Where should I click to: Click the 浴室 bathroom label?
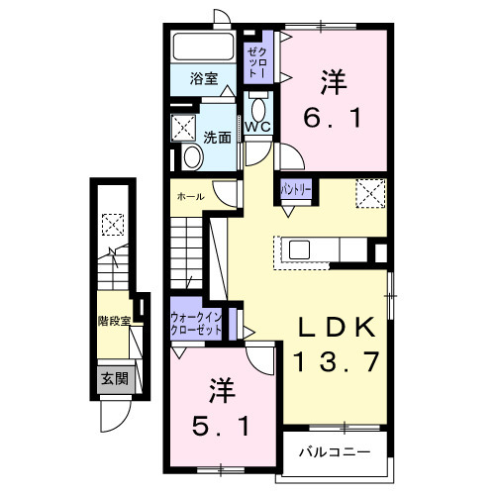[205, 79]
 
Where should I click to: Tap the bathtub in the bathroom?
[202, 48]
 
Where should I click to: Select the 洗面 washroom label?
[218, 137]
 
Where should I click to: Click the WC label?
[258, 128]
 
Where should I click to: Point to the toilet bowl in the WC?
[258, 107]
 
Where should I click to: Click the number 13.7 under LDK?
[335, 362]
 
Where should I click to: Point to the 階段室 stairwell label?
[116, 320]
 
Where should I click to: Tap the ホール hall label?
[191, 196]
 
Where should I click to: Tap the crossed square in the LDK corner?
[371, 191]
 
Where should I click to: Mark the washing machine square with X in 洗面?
[184, 128]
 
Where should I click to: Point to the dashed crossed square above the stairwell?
[113, 225]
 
